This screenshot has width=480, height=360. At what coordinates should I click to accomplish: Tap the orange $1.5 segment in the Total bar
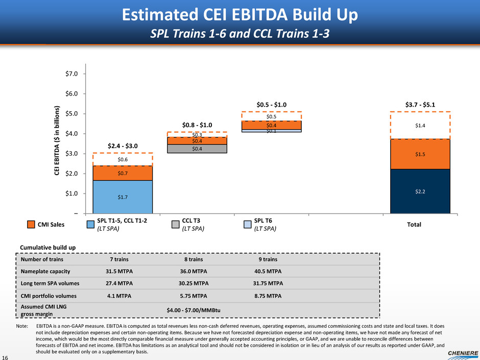pos(420,154)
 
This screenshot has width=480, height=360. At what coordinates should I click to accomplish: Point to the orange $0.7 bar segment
pos(123,173)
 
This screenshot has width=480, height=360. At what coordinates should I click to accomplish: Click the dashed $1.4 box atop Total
pos(420,125)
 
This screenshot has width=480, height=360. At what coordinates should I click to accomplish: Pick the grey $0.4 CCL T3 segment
pos(197,149)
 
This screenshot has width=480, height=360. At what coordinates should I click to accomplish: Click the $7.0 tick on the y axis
pos(72,74)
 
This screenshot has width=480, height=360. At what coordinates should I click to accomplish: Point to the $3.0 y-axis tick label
pos(72,154)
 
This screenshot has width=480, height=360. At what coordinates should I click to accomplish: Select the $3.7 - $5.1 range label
pos(420,105)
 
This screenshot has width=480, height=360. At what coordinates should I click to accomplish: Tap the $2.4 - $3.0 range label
pos(123,146)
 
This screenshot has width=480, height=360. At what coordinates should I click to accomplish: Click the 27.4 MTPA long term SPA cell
pos(123,283)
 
